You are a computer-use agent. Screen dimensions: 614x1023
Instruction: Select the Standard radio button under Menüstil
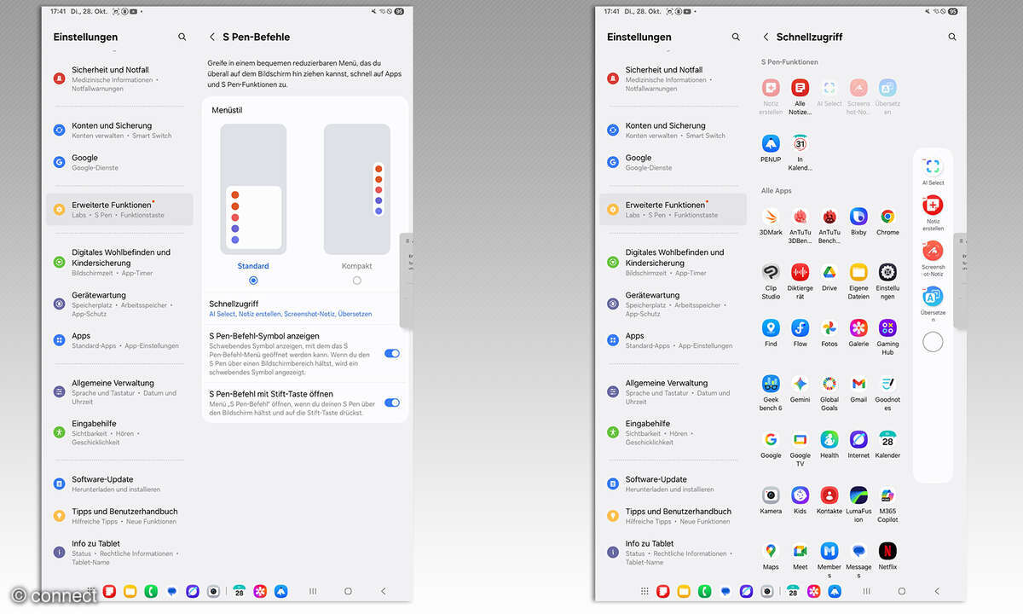tap(253, 281)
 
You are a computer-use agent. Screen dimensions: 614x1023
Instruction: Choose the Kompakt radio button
tap(356, 281)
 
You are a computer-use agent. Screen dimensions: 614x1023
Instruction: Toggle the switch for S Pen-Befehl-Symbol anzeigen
tap(391, 353)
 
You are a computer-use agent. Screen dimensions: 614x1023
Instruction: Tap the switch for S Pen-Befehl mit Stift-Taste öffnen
tap(391, 403)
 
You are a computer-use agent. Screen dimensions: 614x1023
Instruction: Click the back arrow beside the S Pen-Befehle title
tap(211, 38)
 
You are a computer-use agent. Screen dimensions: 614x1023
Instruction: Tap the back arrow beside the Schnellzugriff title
tap(766, 38)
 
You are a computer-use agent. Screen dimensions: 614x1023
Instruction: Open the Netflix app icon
tap(887, 551)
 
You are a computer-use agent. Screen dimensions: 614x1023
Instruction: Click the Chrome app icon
tap(887, 217)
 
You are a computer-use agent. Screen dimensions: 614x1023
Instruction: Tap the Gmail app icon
tap(858, 384)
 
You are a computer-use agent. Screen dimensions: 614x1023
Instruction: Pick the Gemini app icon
tap(800, 384)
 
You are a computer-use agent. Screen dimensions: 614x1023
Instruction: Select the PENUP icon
tap(771, 143)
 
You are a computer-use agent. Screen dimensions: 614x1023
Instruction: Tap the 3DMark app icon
tap(771, 217)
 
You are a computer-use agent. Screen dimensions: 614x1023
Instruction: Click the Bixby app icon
tap(858, 217)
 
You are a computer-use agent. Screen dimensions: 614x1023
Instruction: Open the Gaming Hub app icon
tap(887, 327)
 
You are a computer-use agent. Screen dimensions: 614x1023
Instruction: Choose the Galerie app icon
tap(858, 327)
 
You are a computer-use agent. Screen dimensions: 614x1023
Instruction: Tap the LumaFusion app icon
tap(858, 495)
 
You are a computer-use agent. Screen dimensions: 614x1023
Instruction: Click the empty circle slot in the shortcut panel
tap(933, 342)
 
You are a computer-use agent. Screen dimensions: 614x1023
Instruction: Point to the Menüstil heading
tap(227, 110)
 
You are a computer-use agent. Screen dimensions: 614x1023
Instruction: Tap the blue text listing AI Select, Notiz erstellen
tap(290, 315)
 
